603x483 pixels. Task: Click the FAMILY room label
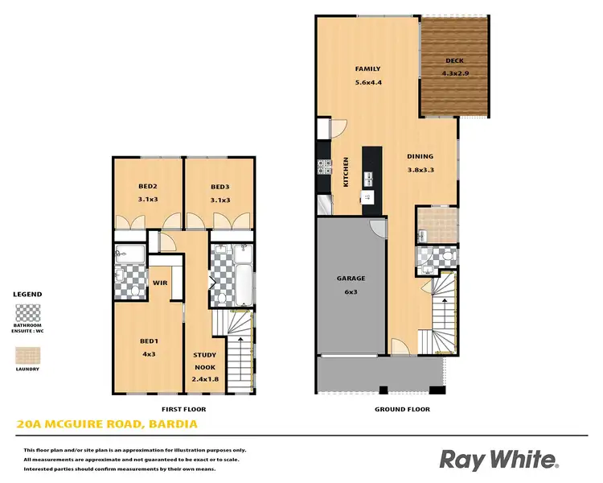[x=367, y=68]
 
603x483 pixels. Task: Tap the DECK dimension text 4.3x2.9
[x=454, y=73]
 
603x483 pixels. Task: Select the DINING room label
[x=420, y=156]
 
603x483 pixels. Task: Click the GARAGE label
[x=351, y=279]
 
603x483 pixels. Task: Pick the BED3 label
[x=220, y=187]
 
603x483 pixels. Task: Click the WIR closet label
[x=159, y=283]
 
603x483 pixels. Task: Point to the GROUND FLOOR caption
[x=403, y=410]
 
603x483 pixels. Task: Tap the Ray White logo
[x=498, y=460]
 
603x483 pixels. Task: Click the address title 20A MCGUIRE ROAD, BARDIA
[x=107, y=423]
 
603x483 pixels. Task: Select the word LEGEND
[x=27, y=295]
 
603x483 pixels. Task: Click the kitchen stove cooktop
[x=325, y=168]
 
